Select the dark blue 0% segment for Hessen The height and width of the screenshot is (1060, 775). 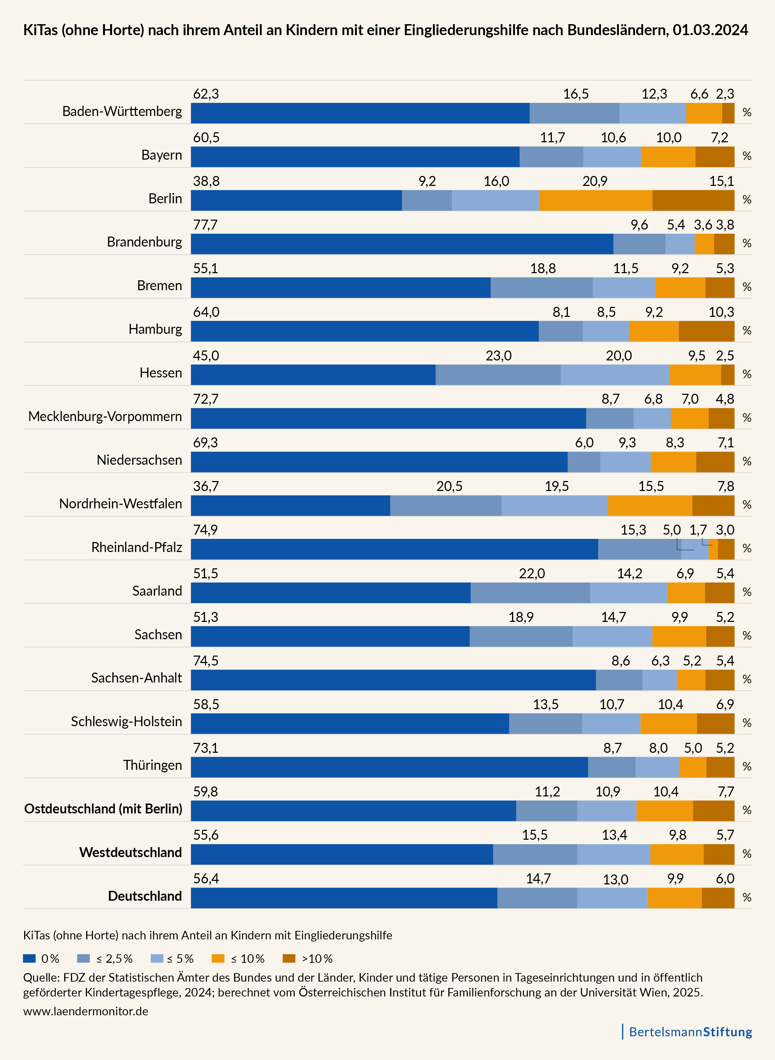point(313,375)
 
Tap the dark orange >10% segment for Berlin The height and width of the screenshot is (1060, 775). point(693,200)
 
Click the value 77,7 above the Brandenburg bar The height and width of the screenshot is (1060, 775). point(205,225)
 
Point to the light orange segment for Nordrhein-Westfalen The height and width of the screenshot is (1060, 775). point(650,506)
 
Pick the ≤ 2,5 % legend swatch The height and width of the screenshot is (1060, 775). point(83,958)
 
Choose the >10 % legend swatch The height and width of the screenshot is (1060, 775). point(289,958)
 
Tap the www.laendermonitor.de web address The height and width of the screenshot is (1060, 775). point(86,1011)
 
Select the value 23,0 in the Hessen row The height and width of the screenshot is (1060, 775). point(498,356)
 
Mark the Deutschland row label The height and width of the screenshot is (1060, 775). point(145,896)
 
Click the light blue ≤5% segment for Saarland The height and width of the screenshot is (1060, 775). point(628,593)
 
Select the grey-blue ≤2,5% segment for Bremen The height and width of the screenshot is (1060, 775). point(541,288)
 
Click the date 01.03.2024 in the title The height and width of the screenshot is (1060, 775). point(710,30)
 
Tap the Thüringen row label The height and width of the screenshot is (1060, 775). point(153,765)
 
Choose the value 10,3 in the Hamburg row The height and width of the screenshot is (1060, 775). point(721,312)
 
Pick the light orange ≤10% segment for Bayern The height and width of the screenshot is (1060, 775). point(668,157)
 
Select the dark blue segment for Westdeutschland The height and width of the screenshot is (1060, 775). point(342,855)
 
